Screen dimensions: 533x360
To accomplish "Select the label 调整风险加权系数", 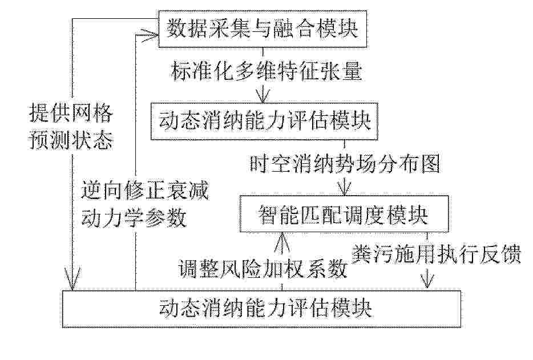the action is [x=263, y=269].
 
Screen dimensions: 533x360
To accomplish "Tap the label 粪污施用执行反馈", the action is [x=436, y=254].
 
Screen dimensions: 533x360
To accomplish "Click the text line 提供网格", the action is [x=71, y=113].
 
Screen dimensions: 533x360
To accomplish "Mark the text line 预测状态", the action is [x=71, y=140].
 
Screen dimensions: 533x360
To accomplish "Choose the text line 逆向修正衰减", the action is [x=144, y=191].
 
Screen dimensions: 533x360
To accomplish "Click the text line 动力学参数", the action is [x=134, y=217].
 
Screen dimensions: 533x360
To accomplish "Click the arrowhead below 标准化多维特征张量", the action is [x=263, y=95].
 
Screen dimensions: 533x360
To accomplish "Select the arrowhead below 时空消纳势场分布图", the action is [x=344, y=189].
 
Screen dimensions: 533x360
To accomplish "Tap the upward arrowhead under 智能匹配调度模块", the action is [x=282, y=241].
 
